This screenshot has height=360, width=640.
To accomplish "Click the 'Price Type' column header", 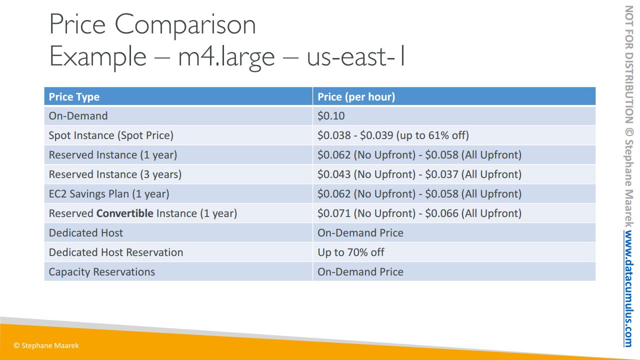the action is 74,97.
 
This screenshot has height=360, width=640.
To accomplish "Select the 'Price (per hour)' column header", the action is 356,97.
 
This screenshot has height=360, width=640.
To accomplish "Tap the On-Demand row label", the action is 78,116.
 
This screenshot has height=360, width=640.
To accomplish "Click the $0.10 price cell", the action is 331,116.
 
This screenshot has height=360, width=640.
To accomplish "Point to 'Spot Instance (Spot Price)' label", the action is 111,135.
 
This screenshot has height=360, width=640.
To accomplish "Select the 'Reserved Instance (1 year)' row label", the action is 113,155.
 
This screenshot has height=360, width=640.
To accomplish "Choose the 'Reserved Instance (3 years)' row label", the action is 115,174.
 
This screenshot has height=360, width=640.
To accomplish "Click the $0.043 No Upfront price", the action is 334,174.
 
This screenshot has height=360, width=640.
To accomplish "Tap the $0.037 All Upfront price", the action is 441,174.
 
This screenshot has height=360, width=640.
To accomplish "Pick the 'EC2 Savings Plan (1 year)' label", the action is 109,193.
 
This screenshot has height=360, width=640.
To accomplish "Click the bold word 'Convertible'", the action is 125,213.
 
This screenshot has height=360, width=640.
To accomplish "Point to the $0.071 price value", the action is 334,213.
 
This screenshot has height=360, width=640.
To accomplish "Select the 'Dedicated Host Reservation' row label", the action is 115,252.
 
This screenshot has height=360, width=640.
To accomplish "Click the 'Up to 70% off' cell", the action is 351,252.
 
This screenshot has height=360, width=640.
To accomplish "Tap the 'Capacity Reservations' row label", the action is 101,272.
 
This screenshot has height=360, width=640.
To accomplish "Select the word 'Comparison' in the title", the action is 185,25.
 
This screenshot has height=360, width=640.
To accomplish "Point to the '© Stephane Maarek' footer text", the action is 46,345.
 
